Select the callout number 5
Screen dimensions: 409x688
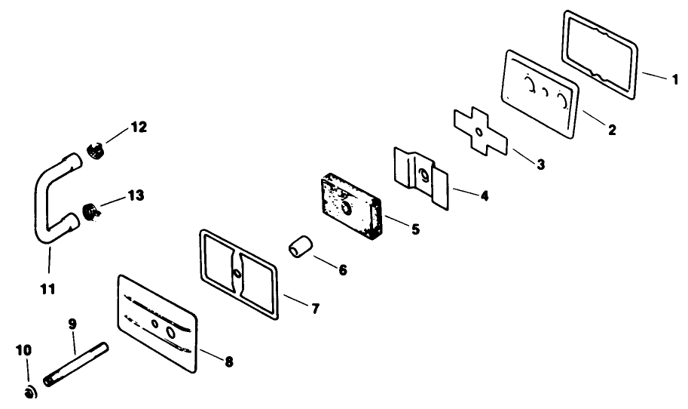415,228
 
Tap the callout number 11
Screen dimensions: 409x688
48,289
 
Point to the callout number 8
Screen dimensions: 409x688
228,362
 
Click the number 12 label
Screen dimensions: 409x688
138,127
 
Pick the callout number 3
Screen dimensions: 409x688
541,165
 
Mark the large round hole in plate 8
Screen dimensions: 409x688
172,333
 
